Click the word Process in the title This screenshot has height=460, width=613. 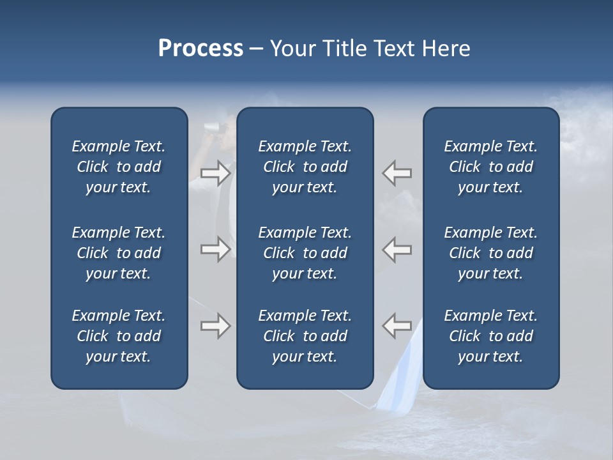pyautogui.click(x=201, y=49)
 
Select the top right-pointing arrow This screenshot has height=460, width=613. pyautogui.click(x=215, y=173)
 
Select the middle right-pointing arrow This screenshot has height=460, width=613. pyautogui.click(x=215, y=249)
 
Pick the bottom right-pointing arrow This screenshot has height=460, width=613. pyautogui.click(x=215, y=326)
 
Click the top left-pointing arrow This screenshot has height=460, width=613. pyautogui.click(x=397, y=173)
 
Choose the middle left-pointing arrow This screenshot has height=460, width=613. pyautogui.click(x=397, y=249)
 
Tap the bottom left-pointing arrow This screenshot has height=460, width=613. pyautogui.click(x=397, y=326)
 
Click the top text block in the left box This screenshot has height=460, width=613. pyautogui.click(x=119, y=167)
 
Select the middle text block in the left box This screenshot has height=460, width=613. pyautogui.click(x=119, y=253)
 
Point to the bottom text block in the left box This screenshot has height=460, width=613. pyautogui.click(x=119, y=336)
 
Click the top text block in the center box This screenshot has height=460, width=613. pyautogui.click(x=305, y=167)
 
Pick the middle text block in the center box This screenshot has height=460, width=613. pyautogui.click(x=305, y=253)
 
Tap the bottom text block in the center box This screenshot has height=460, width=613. pyautogui.click(x=305, y=336)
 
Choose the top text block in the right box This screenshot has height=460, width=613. pyautogui.click(x=490, y=167)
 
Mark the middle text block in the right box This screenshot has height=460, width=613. pyautogui.click(x=490, y=253)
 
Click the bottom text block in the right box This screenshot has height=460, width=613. pyautogui.click(x=490, y=336)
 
